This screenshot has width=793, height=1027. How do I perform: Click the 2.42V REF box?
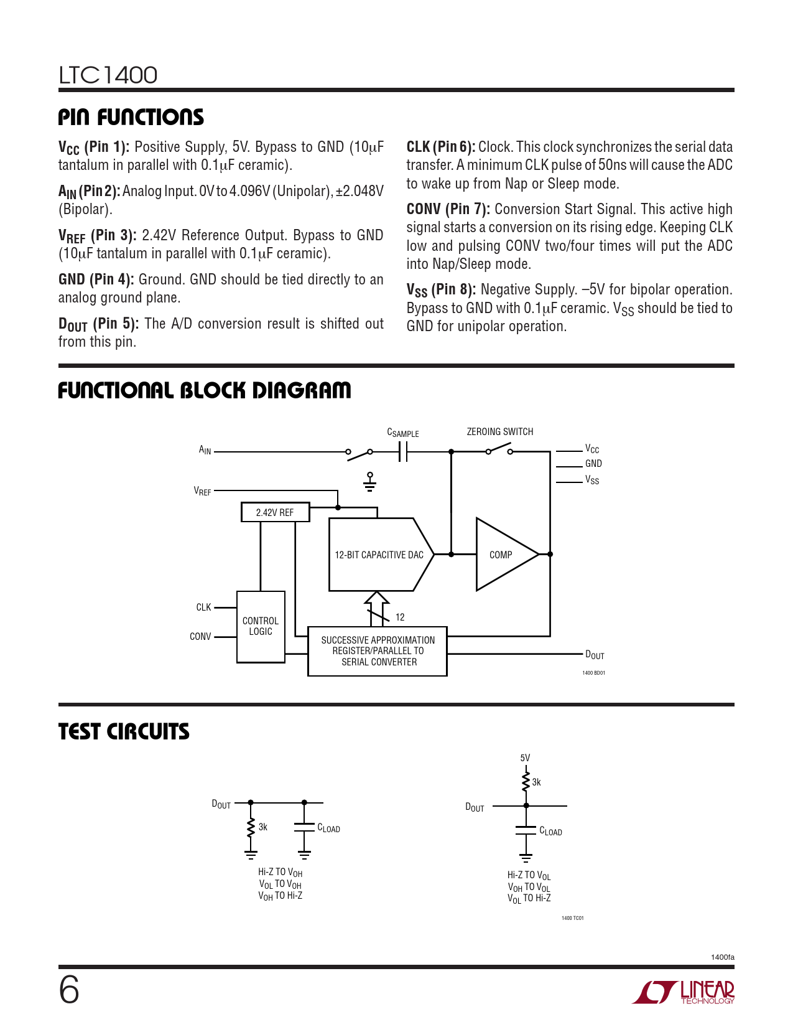tap(275, 512)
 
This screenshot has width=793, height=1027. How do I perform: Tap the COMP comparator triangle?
tap(503, 555)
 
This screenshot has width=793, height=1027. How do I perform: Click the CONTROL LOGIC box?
tap(261, 626)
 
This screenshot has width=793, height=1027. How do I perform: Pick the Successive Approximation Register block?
tap(378, 651)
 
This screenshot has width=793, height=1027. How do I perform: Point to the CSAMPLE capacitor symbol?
tap(403, 452)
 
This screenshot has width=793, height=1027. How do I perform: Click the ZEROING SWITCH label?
tap(500, 431)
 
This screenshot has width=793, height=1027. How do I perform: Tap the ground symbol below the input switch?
tap(370, 483)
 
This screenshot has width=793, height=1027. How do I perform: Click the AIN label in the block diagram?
tap(205, 450)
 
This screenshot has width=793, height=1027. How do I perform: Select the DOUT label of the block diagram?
tap(595, 655)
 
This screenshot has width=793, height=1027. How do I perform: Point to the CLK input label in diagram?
tap(203, 607)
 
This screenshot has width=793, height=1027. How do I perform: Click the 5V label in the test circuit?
tap(525, 757)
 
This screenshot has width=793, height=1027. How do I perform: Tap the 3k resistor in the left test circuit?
tap(251, 828)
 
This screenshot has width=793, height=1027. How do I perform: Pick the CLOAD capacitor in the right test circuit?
tap(526, 831)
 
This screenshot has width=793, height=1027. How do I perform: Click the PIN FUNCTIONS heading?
tap(131, 117)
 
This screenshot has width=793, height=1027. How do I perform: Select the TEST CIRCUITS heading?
tap(124, 731)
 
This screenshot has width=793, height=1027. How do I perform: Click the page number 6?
tap(69, 990)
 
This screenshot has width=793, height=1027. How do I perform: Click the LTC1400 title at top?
tap(108, 75)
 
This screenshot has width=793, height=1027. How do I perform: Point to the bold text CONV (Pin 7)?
tap(448, 209)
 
